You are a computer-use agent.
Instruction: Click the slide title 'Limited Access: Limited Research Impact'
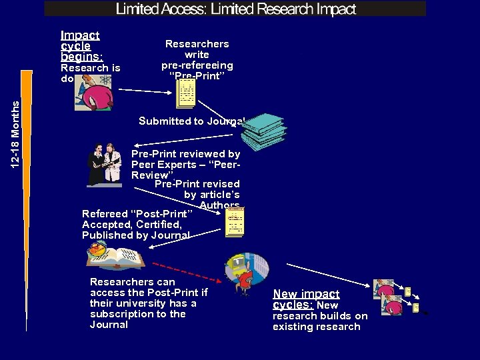[236, 9]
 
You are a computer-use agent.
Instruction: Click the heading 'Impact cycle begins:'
[81, 46]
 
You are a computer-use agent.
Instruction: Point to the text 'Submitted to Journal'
[191, 121]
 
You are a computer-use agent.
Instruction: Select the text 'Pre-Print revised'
[197, 183]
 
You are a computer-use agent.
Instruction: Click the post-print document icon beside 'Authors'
[235, 222]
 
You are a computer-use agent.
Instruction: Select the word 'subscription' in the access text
[121, 314]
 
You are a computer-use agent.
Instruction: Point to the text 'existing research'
[316, 327]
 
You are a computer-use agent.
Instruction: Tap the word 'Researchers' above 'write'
[197, 44]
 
